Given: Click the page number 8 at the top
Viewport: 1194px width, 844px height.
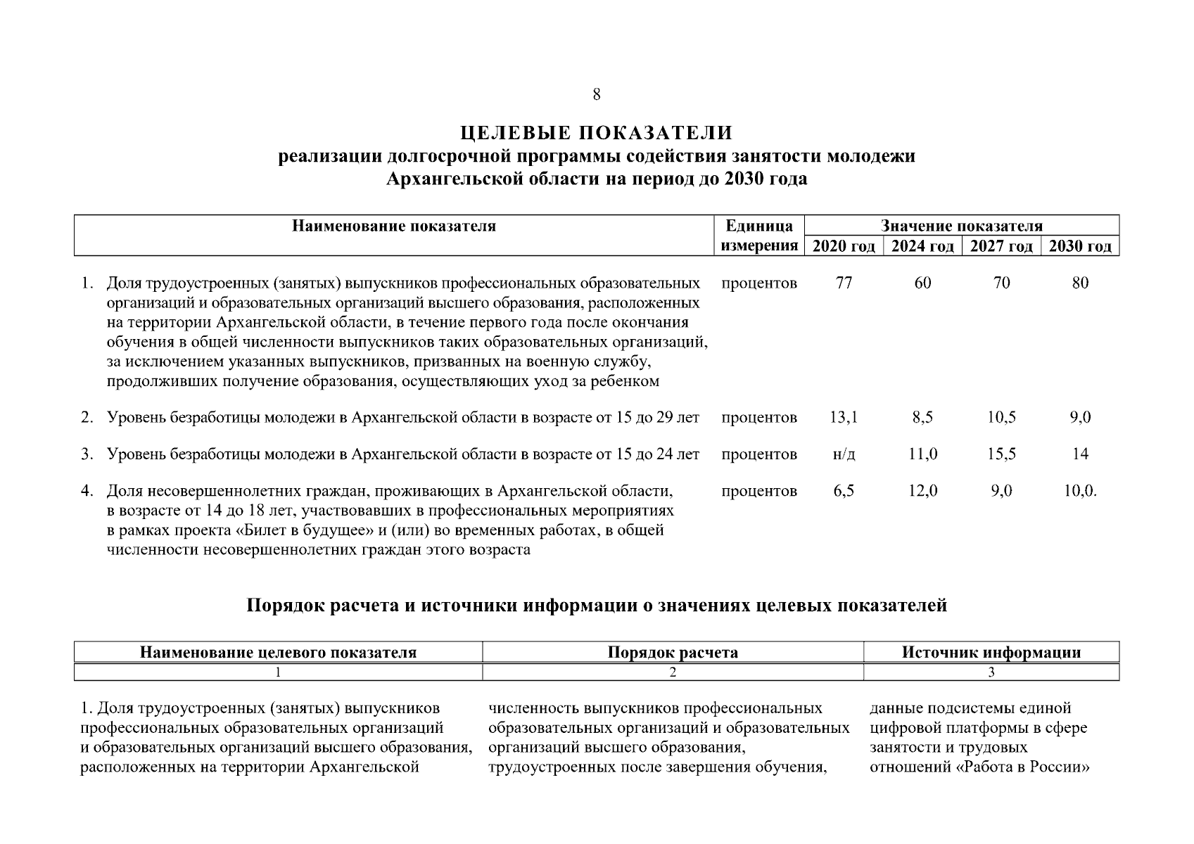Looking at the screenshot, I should (x=597, y=94).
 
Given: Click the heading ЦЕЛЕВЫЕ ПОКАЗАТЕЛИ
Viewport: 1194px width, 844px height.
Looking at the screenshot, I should (x=597, y=133).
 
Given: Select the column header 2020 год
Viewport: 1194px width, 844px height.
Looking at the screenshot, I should (x=844, y=246).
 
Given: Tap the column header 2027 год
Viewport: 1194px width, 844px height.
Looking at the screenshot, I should (x=1001, y=246).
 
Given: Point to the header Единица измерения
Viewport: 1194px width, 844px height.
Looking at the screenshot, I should (x=759, y=236).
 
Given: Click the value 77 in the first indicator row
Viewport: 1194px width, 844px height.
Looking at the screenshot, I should (x=844, y=283).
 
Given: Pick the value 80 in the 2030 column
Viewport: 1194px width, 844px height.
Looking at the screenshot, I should (x=1080, y=283).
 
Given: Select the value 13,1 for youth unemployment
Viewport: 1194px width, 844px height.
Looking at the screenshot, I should (x=844, y=418).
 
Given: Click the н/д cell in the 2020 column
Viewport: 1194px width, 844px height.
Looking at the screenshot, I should (x=844, y=454).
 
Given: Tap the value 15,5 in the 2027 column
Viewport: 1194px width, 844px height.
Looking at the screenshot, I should (x=1001, y=454).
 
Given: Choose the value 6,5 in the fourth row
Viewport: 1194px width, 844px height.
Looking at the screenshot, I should (x=844, y=491).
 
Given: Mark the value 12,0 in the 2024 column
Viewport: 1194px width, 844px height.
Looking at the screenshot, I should (x=922, y=491).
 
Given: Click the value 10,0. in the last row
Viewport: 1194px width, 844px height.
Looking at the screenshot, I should (x=1080, y=491).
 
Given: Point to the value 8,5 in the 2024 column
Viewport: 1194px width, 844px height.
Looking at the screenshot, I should (x=922, y=418).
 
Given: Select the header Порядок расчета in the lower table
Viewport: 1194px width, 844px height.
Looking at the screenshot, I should (x=673, y=653).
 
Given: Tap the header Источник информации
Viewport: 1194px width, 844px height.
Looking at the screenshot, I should (x=991, y=653).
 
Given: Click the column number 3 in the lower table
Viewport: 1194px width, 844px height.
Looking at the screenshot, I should (x=991, y=672).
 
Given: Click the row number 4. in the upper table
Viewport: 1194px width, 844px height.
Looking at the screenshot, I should (x=87, y=491).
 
